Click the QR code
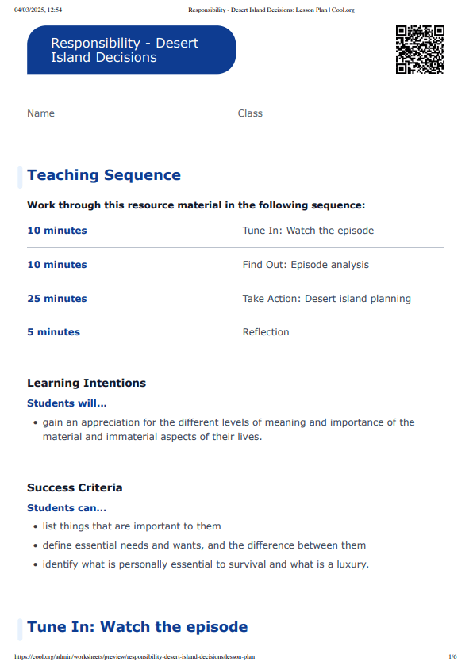[419, 49]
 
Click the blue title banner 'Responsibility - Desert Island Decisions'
[131, 50]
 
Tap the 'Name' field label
[40, 113]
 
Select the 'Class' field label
[250, 113]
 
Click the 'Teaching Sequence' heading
[104, 175]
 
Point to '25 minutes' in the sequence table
[57, 299]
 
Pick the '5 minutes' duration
[53, 332]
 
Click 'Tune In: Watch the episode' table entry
[308, 231]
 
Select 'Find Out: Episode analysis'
[306, 265]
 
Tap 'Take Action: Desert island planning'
[326, 299]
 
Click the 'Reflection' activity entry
[266, 332]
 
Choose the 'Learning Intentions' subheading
[87, 383]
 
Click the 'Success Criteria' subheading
[75, 487]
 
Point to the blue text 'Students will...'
[67, 403]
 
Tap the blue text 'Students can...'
[67, 508]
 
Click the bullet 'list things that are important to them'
[132, 526]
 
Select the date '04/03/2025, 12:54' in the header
[38, 10]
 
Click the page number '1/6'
[452, 656]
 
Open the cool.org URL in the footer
[135, 656]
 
